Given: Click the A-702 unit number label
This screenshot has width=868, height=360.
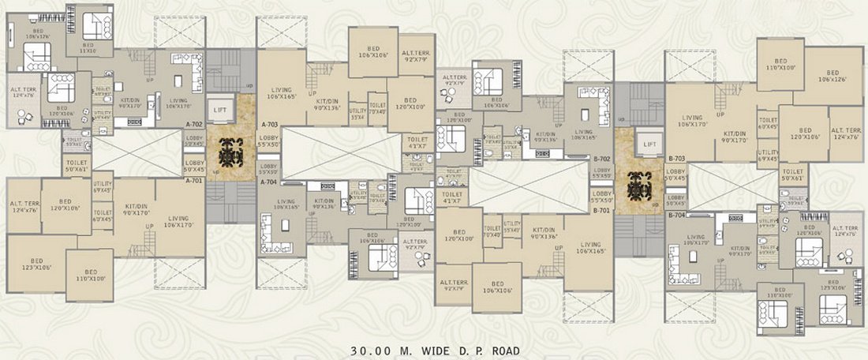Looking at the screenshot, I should (194, 125).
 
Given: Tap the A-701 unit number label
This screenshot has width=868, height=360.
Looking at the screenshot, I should (194, 181).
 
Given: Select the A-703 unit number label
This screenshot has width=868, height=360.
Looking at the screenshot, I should (271, 125).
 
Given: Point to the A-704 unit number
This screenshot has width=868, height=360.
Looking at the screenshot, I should (271, 181).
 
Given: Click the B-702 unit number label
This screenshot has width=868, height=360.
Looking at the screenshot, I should (602, 159).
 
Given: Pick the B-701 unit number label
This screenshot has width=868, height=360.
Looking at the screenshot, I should (602, 211).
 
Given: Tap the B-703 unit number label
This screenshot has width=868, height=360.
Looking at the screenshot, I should (677, 159).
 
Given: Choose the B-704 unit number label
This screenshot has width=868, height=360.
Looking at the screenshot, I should (677, 215).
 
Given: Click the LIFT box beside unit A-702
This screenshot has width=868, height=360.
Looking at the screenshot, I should (218, 109).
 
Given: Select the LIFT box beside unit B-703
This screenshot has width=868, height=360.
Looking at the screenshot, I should (650, 144).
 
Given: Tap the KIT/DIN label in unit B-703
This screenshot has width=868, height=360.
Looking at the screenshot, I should (735, 137).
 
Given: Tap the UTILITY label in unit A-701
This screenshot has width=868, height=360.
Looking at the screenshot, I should (103, 189).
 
